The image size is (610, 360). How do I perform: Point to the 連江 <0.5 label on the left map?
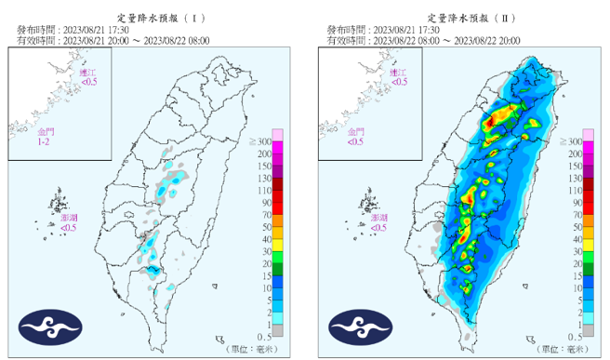[x=88, y=77]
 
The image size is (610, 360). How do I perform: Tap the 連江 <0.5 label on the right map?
[x=399, y=77]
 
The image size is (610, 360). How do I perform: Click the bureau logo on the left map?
[x=50, y=326]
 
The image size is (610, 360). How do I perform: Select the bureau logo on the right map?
[x=361, y=326]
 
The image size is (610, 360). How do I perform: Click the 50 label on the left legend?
[x=267, y=226]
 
